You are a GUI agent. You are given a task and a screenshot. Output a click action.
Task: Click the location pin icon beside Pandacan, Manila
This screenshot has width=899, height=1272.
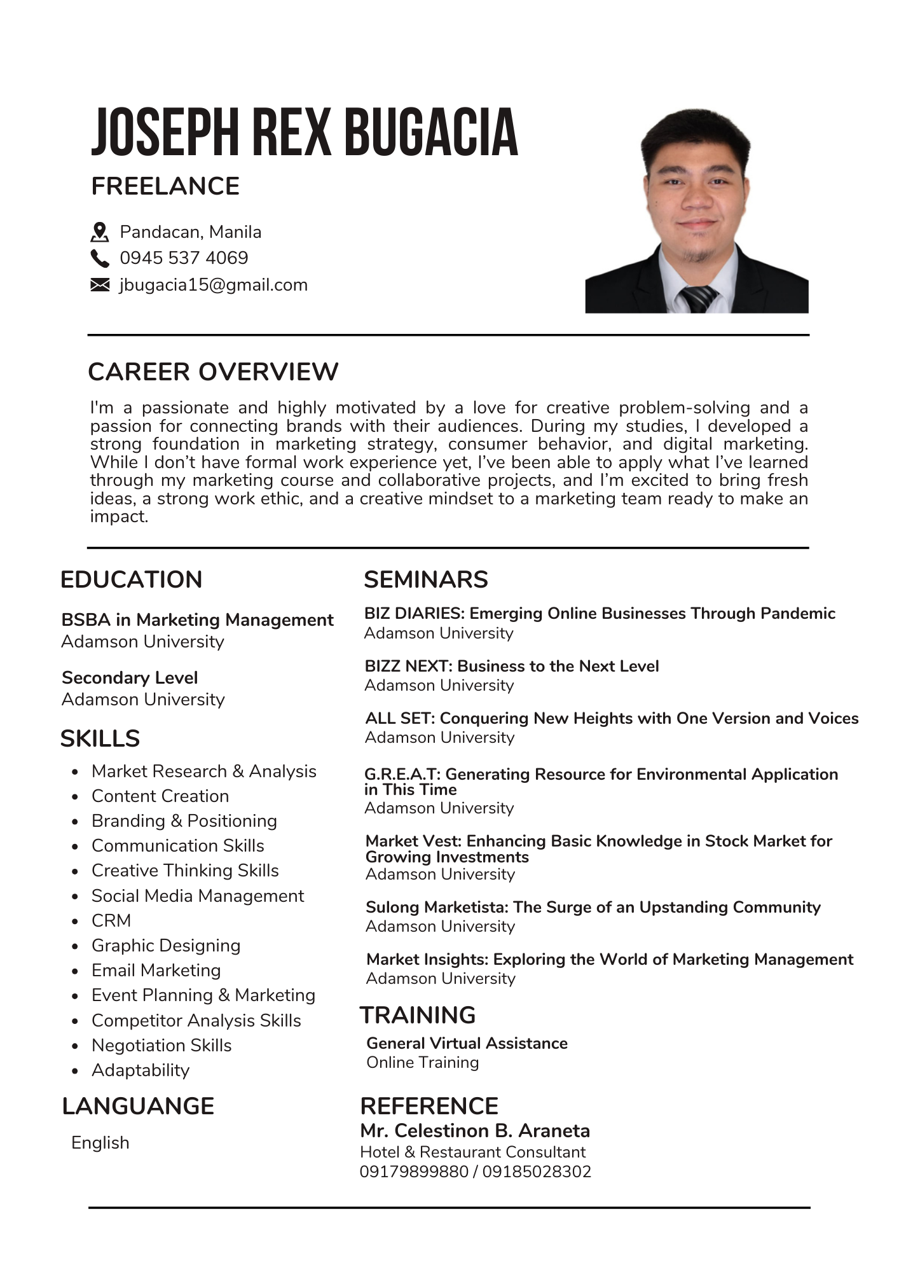click(100, 232)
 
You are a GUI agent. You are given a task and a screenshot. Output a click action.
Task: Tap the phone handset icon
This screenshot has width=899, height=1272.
click(100, 258)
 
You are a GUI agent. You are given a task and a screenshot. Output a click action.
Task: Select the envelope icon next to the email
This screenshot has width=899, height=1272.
click(100, 285)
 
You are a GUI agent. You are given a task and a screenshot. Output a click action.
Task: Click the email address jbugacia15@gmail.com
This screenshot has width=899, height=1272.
click(213, 285)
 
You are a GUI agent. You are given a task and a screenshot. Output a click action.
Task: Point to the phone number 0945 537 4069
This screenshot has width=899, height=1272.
click(184, 258)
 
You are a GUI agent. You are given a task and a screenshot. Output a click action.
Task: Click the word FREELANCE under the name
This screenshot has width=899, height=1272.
click(165, 186)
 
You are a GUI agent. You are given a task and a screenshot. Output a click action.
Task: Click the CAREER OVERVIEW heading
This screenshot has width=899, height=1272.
click(213, 372)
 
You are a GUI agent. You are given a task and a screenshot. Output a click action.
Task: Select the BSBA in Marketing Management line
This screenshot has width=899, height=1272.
click(197, 619)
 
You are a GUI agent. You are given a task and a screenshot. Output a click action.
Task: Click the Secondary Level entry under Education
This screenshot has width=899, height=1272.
click(130, 677)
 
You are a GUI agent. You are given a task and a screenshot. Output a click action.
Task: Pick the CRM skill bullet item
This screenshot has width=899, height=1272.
click(111, 920)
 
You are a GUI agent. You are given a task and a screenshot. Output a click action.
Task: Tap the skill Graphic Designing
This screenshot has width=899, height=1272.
click(166, 945)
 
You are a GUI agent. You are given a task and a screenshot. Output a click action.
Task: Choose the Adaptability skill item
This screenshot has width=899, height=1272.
click(141, 1070)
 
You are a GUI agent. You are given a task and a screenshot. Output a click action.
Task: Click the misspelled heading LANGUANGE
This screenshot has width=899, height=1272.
click(138, 1106)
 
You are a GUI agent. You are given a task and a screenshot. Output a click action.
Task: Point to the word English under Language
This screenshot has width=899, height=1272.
click(100, 1142)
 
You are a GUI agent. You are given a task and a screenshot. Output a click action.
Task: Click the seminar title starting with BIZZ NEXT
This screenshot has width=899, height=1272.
click(512, 666)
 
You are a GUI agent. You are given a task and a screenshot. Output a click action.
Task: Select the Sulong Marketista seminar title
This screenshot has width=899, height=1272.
click(593, 907)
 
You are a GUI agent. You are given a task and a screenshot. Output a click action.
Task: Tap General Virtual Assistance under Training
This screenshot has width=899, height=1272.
click(467, 1043)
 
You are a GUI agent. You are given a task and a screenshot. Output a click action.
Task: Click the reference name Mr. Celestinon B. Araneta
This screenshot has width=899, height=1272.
click(475, 1131)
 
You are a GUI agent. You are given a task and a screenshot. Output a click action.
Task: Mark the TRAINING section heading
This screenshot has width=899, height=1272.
click(418, 1015)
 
